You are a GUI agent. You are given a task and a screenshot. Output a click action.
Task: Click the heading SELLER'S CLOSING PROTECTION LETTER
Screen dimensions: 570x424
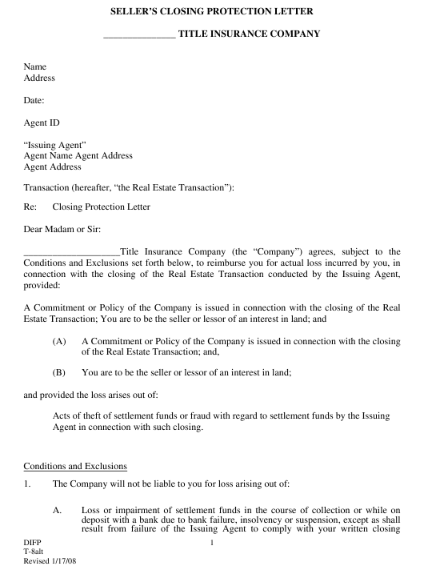tap(212, 12)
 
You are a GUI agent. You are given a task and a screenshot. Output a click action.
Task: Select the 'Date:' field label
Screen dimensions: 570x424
tap(34, 101)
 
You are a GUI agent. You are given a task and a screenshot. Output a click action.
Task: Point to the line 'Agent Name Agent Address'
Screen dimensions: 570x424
tap(78, 156)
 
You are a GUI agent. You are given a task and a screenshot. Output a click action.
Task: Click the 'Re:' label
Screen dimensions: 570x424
tap(31, 207)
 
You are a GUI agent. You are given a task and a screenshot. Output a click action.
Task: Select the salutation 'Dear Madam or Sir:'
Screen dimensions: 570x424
tap(62, 230)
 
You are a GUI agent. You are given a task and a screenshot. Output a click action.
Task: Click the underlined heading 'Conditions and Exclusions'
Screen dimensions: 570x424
tap(75, 466)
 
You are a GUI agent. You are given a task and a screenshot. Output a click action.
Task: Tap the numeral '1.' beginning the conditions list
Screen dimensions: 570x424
tap(28, 484)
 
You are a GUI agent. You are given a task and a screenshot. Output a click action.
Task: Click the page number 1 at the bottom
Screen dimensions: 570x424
tap(212, 544)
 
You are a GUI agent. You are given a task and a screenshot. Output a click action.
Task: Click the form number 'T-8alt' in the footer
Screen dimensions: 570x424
tap(34, 552)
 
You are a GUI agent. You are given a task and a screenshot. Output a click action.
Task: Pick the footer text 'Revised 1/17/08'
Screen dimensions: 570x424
tap(50, 562)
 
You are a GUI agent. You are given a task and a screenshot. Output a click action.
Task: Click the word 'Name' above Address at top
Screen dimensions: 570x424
tap(35, 67)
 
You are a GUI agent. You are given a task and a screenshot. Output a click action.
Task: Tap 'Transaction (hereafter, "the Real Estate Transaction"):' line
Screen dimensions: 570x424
tap(129, 187)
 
